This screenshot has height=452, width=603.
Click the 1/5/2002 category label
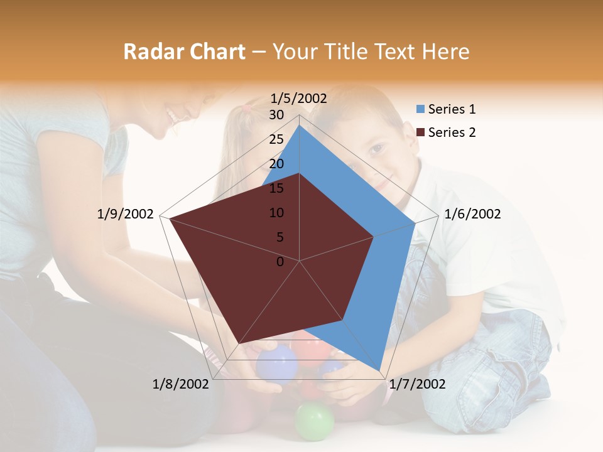pos(299,98)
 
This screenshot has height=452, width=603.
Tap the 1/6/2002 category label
pos(472,214)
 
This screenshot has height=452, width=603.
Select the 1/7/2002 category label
pos(417,384)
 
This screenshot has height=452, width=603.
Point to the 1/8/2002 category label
pos(181,384)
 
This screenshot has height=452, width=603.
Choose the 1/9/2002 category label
pos(126,214)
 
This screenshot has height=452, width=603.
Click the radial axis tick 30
pos(276,115)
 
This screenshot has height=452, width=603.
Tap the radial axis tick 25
pos(276,139)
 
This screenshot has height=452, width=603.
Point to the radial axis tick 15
pos(276,188)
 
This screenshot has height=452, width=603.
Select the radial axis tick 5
pos(280,237)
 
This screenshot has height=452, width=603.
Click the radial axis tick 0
pos(280,262)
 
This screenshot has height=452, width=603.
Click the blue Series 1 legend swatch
pos(421,110)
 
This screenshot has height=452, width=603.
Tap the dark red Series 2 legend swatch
pos(421,132)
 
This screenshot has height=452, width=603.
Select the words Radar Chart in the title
pos(184,51)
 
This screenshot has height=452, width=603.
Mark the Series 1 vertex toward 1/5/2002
pos(299,125)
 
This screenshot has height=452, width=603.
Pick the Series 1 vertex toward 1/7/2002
pos(379,370)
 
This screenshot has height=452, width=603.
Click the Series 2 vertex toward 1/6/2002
pos(374,237)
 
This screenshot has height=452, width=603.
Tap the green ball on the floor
pos(314,421)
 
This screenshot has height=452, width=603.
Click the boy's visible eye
pos(376,149)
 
